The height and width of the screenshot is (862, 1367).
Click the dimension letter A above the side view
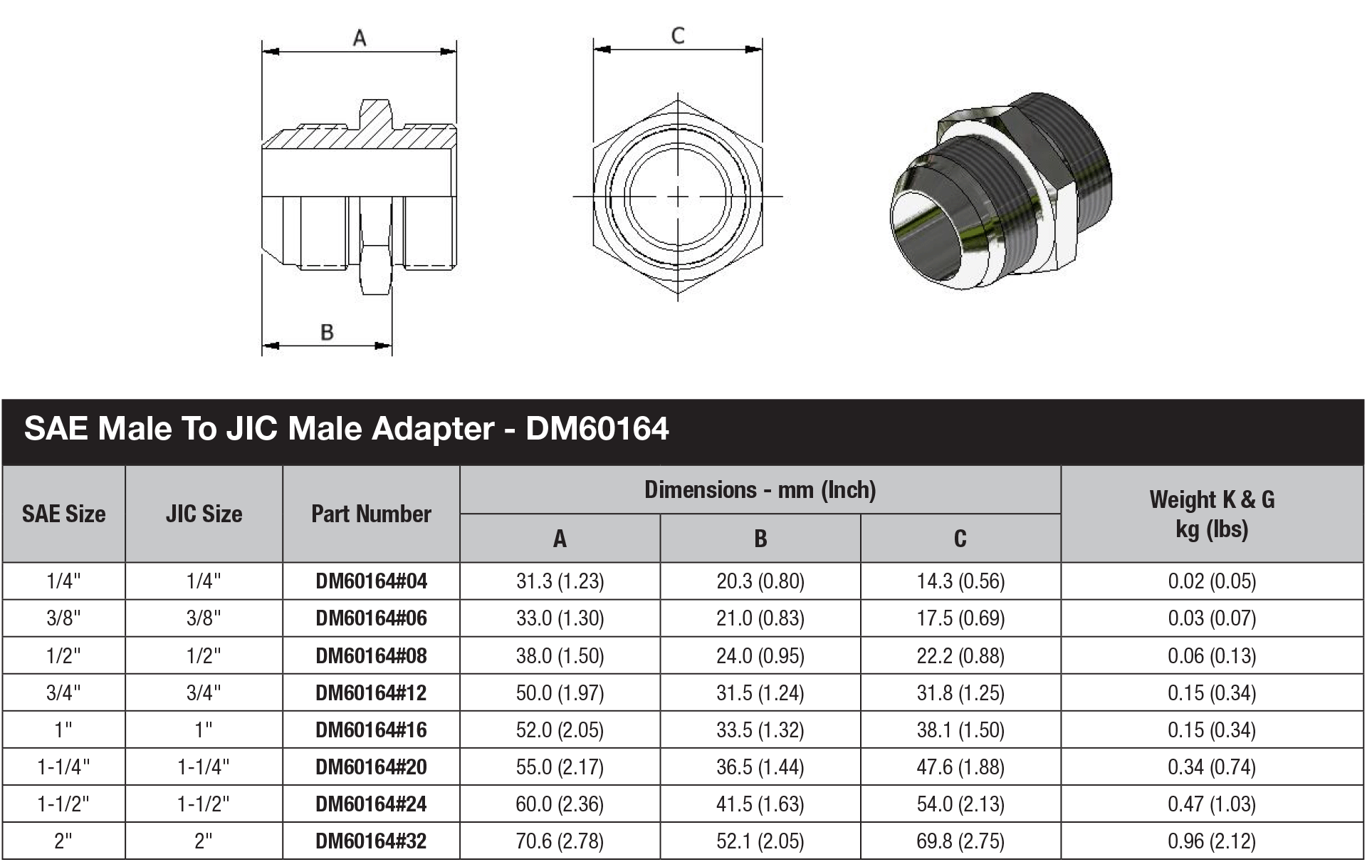[360, 38]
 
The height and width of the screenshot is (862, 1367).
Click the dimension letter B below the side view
[327, 332]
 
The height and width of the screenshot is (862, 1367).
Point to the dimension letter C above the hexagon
[678, 36]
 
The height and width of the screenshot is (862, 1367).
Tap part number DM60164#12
[371, 692]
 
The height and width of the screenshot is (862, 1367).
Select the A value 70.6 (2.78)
[560, 841]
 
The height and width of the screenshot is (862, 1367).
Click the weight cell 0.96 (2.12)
[1212, 841]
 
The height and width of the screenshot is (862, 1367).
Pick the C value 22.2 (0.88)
[960, 655]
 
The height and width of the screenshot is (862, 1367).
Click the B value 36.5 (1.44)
[760, 767]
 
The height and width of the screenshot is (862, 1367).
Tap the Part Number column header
[371, 514]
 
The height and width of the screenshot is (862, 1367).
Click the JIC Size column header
[204, 514]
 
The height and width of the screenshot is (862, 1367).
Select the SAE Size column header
[63, 514]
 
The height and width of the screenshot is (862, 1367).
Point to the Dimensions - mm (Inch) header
[760, 490]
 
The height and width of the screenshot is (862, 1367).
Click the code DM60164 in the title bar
[597, 429]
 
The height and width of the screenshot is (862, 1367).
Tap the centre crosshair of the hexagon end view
[678, 196]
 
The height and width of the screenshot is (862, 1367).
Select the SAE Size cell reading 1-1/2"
[63, 804]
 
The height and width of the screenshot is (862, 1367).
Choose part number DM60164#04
[371, 581]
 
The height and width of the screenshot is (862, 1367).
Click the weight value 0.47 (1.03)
[1212, 804]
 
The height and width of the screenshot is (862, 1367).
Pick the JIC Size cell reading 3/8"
[204, 618]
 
